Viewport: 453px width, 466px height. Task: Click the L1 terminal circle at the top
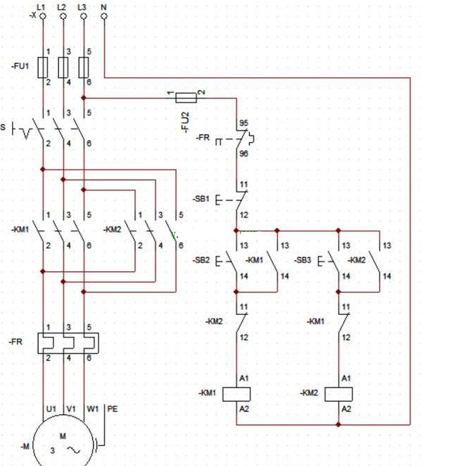pyautogui.click(x=43, y=16)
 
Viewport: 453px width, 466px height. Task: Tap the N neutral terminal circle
pyautogui.click(x=104, y=16)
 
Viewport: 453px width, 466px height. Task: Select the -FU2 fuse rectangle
pyautogui.click(x=186, y=98)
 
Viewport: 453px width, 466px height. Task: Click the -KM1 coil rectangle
pyautogui.click(x=236, y=394)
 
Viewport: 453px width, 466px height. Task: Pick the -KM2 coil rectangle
pyautogui.click(x=338, y=394)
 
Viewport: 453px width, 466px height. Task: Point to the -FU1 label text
pyautogui.click(x=20, y=66)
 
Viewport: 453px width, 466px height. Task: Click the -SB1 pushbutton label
pyautogui.click(x=201, y=198)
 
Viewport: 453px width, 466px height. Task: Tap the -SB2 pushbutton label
pyautogui.click(x=201, y=260)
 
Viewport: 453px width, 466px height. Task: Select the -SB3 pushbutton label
pyautogui.click(x=302, y=260)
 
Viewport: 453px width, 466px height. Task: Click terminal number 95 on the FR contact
pyautogui.click(x=243, y=123)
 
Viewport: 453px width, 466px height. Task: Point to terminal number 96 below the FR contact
pyautogui.click(x=243, y=154)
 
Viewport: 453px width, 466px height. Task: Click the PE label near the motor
pyautogui.click(x=113, y=409)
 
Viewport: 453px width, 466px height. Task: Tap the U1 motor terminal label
pyautogui.click(x=51, y=409)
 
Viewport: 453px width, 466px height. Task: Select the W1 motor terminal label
pyautogui.click(x=93, y=409)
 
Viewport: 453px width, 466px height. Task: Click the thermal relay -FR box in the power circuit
pyautogui.click(x=68, y=343)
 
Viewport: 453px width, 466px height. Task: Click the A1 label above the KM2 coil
pyautogui.click(x=346, y=378)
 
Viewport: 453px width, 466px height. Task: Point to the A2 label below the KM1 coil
pyautogui.click(x=244, y=409)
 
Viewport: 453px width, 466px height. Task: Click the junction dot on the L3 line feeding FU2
pyautogui.click(x=84, y=98)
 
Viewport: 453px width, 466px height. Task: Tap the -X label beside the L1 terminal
pyautogui.click(x=33, y=15)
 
